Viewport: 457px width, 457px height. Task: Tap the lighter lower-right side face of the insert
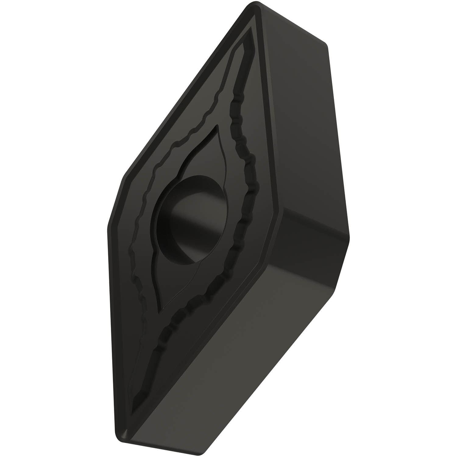[244, 350]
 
